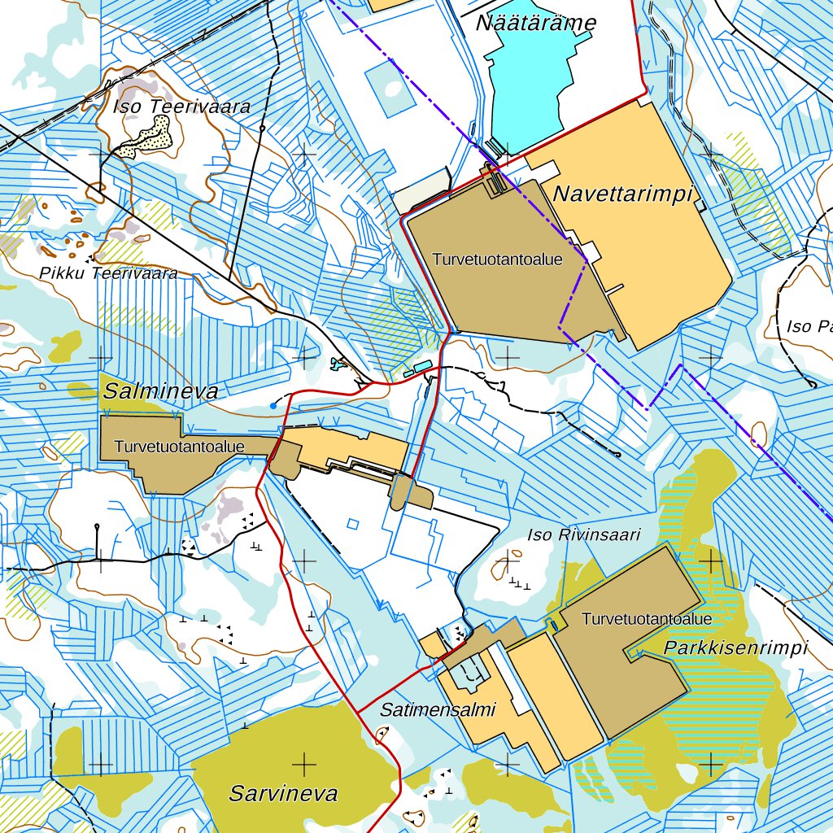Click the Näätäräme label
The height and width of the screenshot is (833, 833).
click(535, 23)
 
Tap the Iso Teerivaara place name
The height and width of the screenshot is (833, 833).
click(181, 107)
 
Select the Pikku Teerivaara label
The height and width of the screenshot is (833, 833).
click(108, 273)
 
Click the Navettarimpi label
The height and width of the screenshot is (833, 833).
click(622, 194)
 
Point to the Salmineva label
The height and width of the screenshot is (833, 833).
click(160, 392)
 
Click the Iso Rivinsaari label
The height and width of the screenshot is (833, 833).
click(584, 534)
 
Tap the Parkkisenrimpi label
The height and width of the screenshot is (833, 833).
click(735, 648)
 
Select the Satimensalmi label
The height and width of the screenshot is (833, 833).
click(438, 709)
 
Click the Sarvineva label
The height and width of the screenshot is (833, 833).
click(283, 793)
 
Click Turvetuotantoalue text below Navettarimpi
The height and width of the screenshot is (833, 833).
click(497, 260)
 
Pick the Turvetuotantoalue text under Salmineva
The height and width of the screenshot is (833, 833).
click(179, 447)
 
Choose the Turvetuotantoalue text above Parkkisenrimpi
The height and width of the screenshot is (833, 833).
click(647, 619)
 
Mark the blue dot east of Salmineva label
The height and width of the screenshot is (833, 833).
click(273, 404)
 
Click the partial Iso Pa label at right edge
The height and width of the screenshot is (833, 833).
click(809, 327)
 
